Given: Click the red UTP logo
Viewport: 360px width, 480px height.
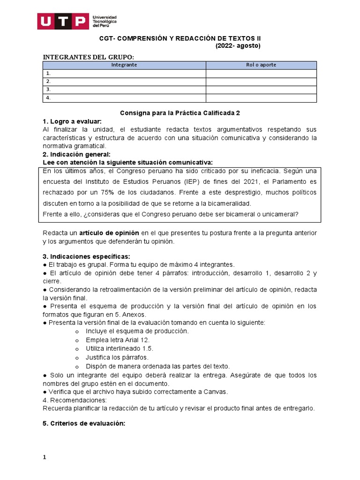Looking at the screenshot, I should [63, 21].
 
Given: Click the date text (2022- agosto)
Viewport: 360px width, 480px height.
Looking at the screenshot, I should [238, 45].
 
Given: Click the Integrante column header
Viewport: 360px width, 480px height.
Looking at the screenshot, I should [124, 65].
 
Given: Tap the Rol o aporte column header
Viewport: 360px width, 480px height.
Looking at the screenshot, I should [261, 65].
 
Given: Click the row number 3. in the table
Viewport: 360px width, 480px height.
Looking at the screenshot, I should [48, 90].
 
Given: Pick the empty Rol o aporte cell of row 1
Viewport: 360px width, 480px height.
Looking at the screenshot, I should [261, 74].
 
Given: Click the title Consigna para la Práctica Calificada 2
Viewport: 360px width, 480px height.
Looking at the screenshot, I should [180, 113].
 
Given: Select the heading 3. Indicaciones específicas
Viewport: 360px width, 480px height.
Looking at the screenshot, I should [86, 256].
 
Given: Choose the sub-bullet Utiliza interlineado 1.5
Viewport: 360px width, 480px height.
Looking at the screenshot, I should [120, 349].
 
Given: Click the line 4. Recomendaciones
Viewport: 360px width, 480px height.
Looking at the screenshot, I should [75, 400].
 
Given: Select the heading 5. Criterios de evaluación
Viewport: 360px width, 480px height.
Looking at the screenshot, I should [84, 423].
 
